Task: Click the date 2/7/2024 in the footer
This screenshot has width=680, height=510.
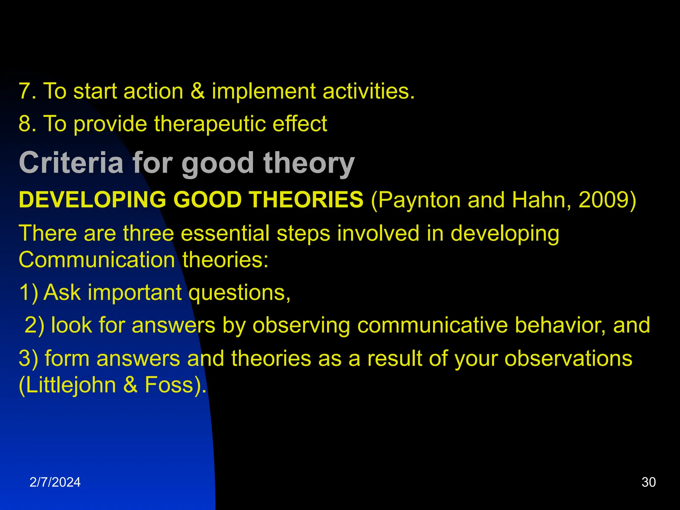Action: [x=55, y=482]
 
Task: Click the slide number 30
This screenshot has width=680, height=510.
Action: [x=648, y=482]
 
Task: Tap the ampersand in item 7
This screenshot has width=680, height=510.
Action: [x=198, y=91]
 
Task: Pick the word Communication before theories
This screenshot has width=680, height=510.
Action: [x=97, y=260]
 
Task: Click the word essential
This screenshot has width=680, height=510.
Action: [x=225, y=233]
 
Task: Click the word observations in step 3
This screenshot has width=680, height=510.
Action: [x=568, y=359]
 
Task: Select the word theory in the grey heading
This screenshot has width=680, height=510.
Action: [x=309, y=163]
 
